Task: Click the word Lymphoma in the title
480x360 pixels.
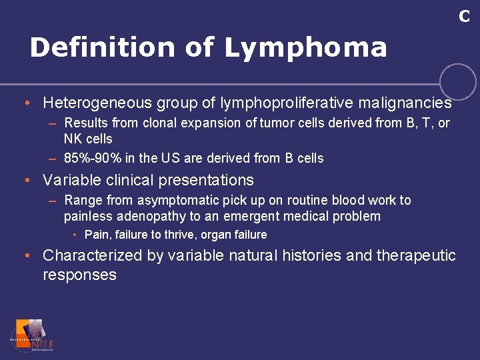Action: (305, 48)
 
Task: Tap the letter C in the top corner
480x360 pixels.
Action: (464, 17)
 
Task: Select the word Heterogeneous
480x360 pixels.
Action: (97, 103)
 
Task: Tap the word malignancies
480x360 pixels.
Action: (405, 103)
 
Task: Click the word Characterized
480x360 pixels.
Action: (92, 256)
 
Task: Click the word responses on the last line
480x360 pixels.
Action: (79, 275)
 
